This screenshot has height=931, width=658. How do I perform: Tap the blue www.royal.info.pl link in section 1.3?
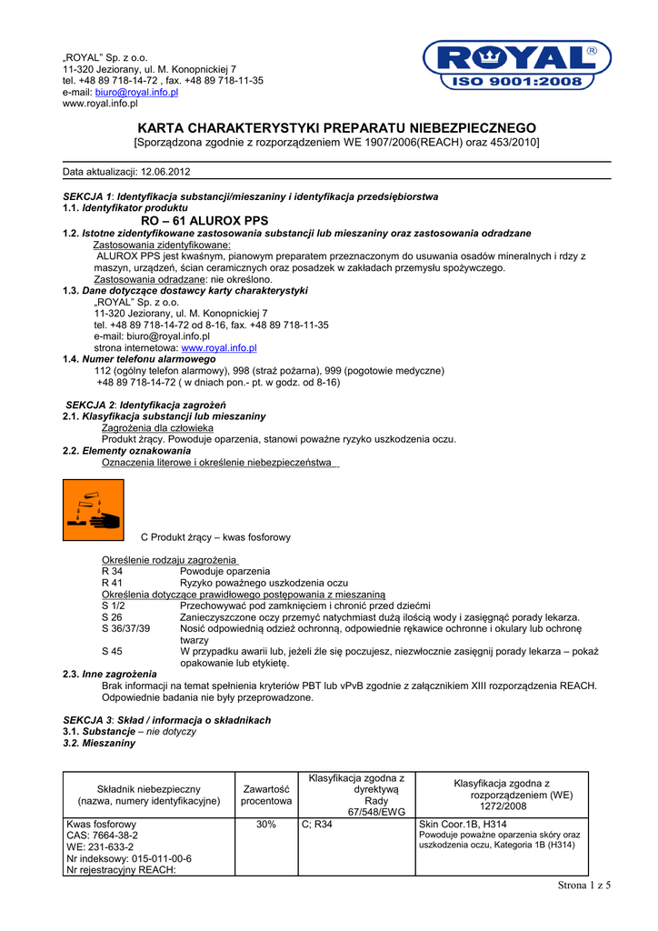click(219, 347)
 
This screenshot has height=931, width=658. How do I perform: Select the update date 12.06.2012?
click(165, 172)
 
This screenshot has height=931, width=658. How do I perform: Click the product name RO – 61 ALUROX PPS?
click(205, 220)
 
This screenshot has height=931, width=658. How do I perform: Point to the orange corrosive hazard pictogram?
click(94, 510)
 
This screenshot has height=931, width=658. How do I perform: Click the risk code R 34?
click(112, 571)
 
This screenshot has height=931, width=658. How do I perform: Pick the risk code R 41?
click(112, 582)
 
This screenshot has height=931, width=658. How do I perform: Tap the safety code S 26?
click(112, 617)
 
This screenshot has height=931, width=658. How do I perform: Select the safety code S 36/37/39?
click(126, 628)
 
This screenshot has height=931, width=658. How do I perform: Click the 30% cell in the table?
click(266, 824)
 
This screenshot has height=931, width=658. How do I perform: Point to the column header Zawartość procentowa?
click(266, 795)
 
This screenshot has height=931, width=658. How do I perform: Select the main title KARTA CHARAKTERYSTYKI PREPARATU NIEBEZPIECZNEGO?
click(336, 128)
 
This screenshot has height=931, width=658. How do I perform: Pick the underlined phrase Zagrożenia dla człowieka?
click(157, 427)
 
